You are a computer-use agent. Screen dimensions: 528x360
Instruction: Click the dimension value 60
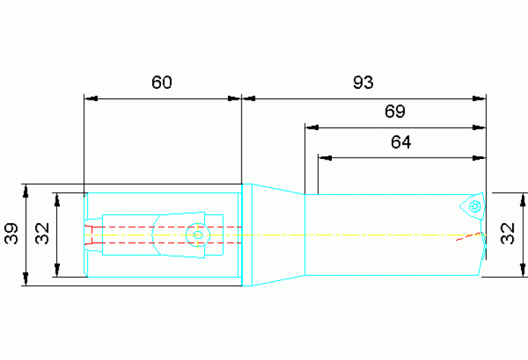tap(162, 82)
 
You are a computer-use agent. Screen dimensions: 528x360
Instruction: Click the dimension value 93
tap(363, 82)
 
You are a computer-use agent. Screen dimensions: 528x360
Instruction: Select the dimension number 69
tap(395, 111)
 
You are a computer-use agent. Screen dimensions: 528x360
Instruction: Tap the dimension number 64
tap(401, 142)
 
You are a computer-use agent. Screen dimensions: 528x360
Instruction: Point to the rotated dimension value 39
tap(11, 233)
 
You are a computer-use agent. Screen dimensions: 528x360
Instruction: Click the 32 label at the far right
tap(507, 233)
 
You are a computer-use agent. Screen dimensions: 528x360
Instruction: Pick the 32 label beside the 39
tap(43, 233)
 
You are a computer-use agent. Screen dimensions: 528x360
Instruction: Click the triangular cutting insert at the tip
tap(472, 207)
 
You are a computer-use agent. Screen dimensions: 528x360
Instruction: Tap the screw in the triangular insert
tap(475, 206)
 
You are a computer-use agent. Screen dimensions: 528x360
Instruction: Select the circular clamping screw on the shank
tap(198, 235)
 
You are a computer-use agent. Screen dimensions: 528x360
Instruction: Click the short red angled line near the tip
tap(468, 236)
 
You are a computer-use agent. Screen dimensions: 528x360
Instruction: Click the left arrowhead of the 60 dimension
tap(91, 98)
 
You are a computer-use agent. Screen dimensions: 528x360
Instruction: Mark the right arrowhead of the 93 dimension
tap(479, 98)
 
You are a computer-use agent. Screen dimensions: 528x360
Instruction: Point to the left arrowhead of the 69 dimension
tap(312, 127)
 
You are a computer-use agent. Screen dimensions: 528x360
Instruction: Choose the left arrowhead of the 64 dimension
tap(325, 158)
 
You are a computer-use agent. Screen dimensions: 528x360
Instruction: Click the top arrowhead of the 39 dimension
tap(25, 191)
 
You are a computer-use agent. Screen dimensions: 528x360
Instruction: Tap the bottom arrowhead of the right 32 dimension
tap(522, 270)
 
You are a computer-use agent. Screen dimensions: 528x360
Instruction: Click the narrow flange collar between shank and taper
tap(247, 235)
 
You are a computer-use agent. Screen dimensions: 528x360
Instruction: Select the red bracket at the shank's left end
tap(88, 235)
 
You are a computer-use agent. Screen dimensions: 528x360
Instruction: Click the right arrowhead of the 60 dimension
tap(235, 98)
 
